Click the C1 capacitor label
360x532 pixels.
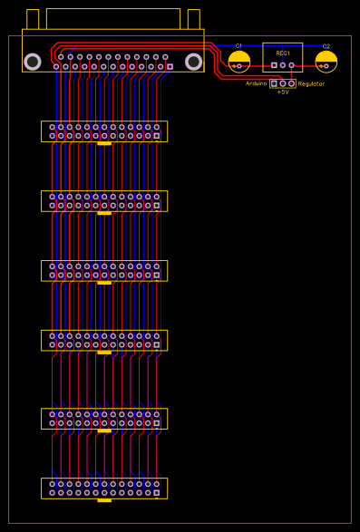(238, 45)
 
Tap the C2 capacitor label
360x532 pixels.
(326, 45)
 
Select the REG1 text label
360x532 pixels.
(283, 53)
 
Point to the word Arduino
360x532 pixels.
(257, 83)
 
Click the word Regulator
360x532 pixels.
(311, 83)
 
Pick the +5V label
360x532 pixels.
(283, 92)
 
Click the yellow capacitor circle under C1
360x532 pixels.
(239, 62)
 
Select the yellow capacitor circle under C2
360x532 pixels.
(326, 62)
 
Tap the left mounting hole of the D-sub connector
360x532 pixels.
(33, 62)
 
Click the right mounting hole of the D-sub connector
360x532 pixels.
(193, 62)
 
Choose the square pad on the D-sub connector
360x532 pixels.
(170, 66)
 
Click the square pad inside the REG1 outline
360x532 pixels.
(274, 65)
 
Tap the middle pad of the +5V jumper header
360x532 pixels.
(283, 83)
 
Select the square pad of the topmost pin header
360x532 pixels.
(157, 136)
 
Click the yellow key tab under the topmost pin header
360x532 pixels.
(104, 143)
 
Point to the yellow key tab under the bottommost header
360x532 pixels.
(104, 500)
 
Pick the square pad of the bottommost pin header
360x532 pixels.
(157, 493)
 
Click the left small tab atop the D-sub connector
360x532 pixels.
(33, 19)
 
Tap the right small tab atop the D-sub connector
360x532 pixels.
(193, 19)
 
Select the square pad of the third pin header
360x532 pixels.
(157, 276)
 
